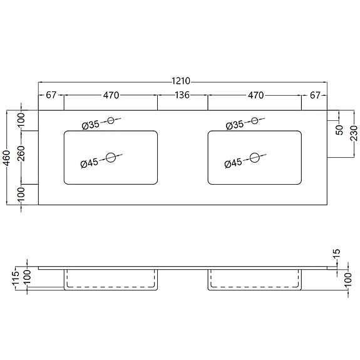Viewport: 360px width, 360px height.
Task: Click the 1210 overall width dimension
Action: coord(181,81)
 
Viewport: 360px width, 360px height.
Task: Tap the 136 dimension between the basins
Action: coord(182,95)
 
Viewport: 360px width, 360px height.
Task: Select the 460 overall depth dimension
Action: coord(8,158)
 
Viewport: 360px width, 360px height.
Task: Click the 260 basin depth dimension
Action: coord(21,153)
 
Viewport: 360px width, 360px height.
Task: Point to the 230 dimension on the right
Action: coord(354,133)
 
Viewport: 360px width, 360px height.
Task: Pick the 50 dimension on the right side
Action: coord(339,130)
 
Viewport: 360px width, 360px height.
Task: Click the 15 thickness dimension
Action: coord(336,254)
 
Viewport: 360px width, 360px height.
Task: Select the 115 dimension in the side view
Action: coord(16,278)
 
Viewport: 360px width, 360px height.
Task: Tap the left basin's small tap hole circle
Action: coord(111,121)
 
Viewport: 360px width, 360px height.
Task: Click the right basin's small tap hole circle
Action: coord(254,121)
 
